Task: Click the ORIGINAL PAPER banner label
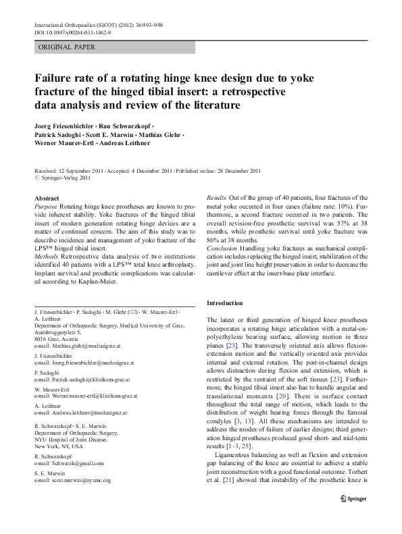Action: click(66, 47)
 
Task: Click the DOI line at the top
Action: click(72, 32)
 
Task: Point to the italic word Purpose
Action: click(45, 206)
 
